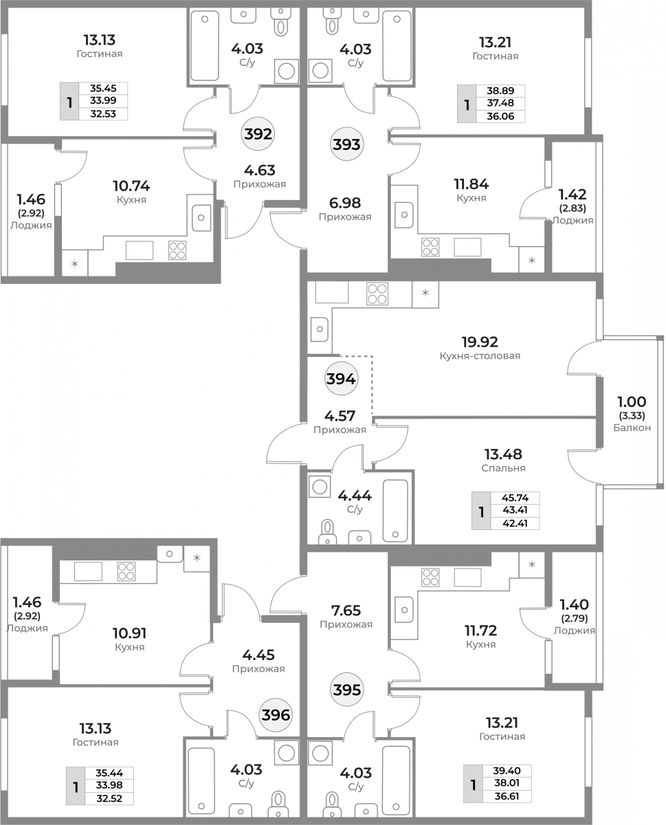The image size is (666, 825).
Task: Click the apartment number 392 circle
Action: point(258,134)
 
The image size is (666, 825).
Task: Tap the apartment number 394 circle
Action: point(341,379)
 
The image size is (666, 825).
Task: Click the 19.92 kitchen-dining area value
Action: point(480,342)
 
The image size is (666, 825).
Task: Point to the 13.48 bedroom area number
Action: point(503,454)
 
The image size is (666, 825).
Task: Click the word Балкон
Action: point(632,428)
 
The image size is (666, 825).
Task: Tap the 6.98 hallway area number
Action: point(345,203)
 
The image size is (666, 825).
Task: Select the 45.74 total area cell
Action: point(515,498)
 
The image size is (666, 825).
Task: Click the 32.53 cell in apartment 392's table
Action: point(103,114)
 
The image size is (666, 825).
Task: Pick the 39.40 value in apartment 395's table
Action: point(507,771)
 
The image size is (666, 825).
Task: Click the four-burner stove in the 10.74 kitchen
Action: point(177,250)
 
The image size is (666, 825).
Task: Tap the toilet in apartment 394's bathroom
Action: point(328,532)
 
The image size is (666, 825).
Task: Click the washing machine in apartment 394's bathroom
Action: point(320,487)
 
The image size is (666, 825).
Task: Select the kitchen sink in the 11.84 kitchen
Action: point(404,214)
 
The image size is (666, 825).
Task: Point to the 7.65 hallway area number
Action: point(346,610)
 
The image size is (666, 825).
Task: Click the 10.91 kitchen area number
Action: point(130,633)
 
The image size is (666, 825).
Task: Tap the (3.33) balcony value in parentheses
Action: point(632,416)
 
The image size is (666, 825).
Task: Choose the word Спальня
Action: point(503,468)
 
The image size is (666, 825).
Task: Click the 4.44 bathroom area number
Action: point(355,496)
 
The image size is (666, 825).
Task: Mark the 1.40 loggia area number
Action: point(574,604)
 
